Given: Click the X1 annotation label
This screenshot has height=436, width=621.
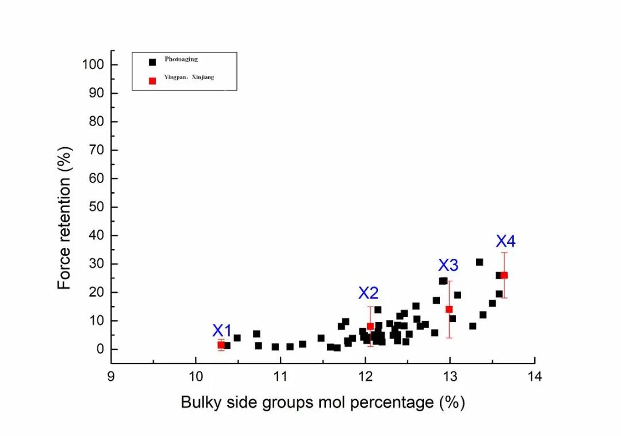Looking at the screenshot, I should [x=222, y=331].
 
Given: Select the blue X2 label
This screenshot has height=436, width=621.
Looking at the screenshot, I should [x=369, y=293].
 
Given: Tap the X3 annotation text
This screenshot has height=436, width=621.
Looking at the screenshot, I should [x=448, y=265].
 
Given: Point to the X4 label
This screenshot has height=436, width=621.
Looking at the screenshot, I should [x=506, y=242].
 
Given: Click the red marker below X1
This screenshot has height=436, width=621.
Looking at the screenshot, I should [x=221, y=345].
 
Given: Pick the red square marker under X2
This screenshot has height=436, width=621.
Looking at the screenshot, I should [x=370, y=327].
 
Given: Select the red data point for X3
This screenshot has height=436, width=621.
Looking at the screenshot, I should [x=449, y=309].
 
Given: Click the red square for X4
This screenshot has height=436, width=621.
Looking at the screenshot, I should [x=504, y=276].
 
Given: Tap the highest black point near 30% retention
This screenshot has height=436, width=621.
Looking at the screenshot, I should [x=480, y=262].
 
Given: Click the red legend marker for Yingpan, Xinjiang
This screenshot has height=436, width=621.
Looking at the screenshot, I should [x=152, y=81].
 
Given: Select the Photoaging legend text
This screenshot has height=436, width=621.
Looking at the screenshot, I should [x=181, y=59].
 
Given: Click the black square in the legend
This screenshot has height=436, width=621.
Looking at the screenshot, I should [x=152, y=62].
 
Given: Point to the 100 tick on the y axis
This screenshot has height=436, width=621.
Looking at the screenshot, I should [x=92, y=65].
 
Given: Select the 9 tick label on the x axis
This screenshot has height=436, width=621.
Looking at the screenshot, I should [x=111, y=377].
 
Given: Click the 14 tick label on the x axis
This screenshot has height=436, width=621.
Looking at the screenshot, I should [x=535, y=377].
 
